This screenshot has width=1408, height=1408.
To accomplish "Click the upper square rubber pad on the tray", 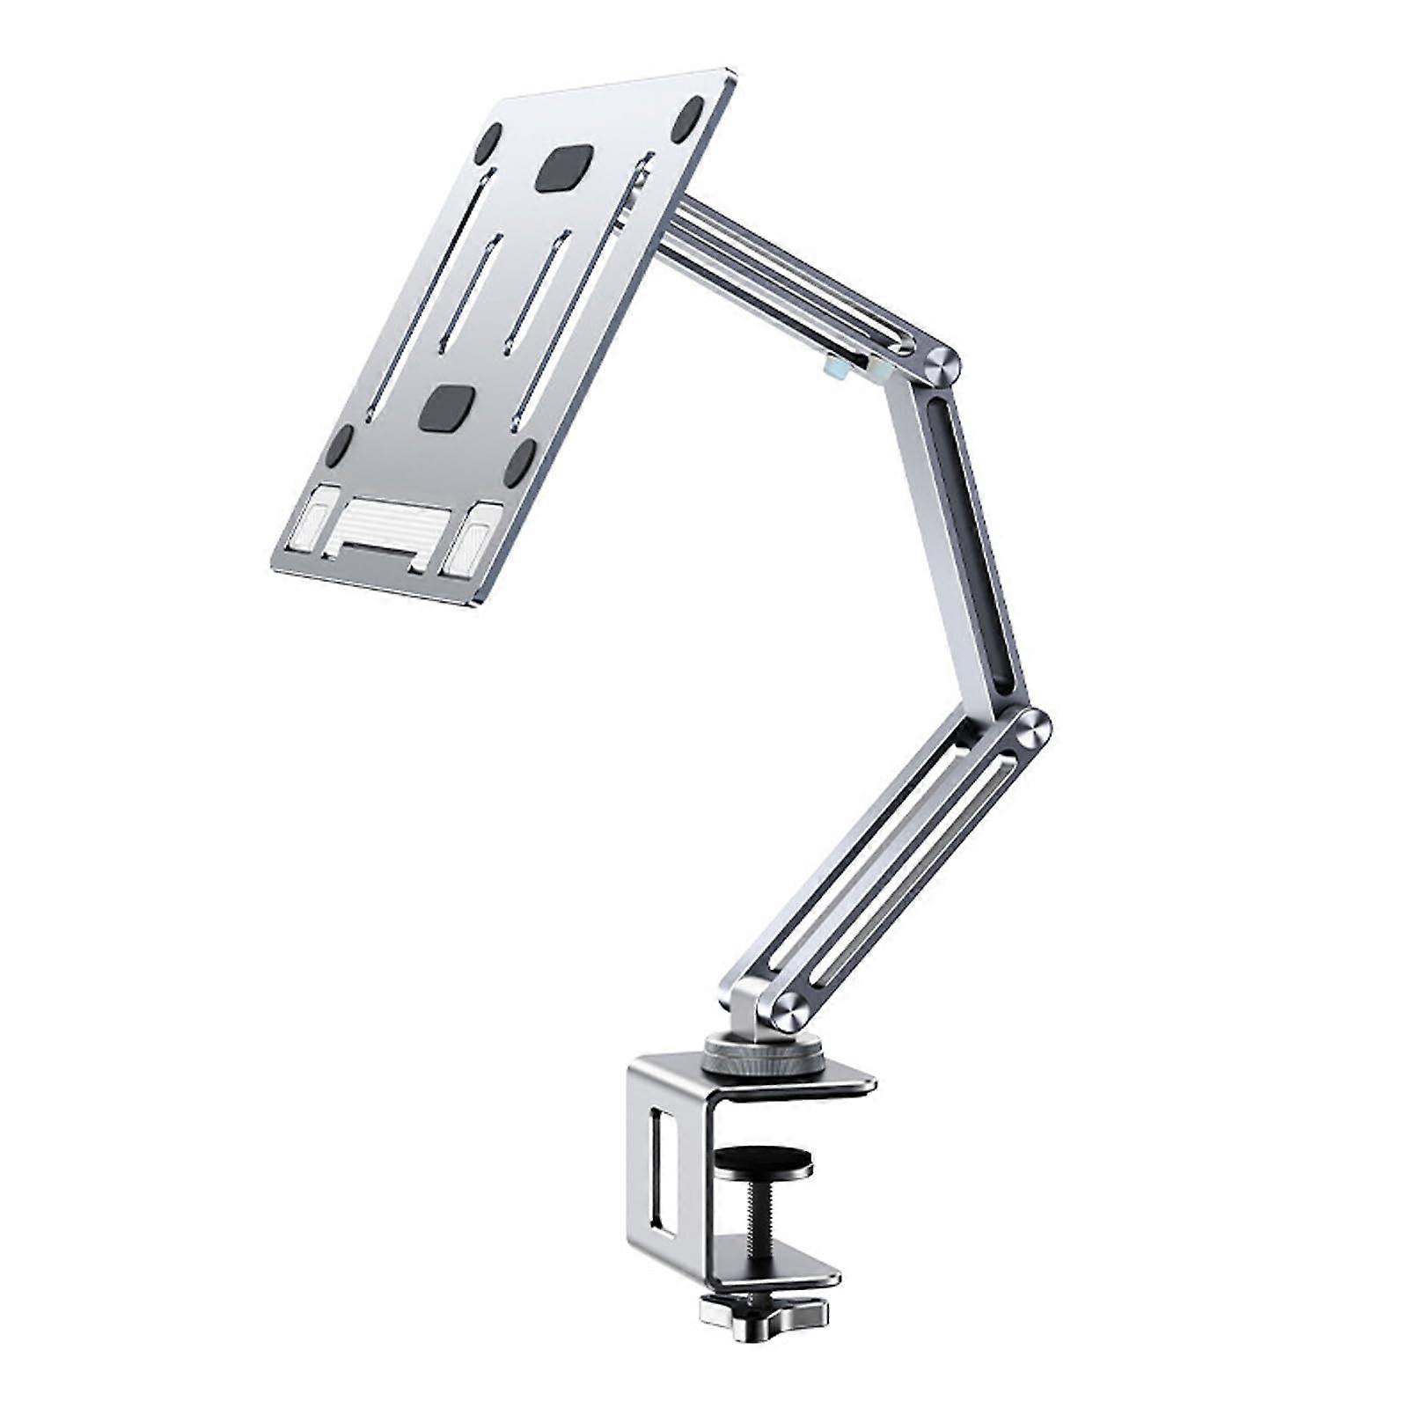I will [561, 169].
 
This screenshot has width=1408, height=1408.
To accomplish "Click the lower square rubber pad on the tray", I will [446, 408].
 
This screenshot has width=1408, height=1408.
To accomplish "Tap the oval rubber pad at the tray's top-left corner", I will [488, 143].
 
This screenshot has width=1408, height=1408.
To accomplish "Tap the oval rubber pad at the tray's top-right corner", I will [687, 120].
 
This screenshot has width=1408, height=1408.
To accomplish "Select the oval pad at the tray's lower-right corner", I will [521, 461].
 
